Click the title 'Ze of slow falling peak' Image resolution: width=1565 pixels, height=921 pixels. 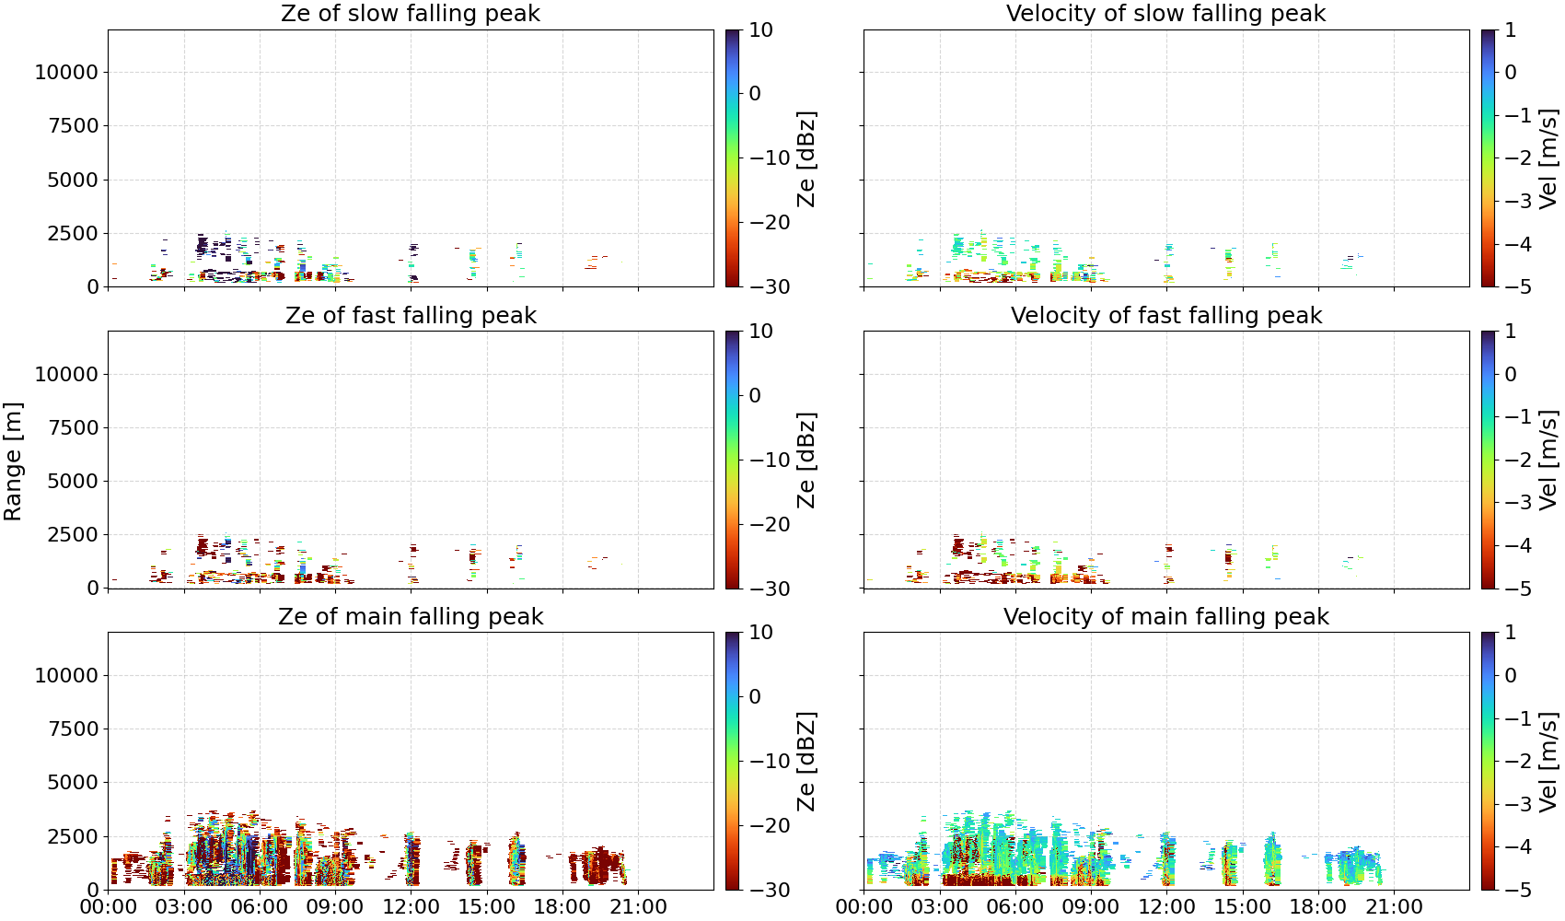coord(410,13)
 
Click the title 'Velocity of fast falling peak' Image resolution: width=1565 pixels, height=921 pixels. coord(1166,315)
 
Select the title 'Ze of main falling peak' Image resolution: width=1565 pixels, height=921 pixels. coord(410,616)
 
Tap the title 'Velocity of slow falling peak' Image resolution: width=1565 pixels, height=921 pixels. coord(1166,13)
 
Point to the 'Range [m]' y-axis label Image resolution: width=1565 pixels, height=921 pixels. coord(13,461)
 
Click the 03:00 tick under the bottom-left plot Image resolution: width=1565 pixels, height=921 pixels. coord(184,907)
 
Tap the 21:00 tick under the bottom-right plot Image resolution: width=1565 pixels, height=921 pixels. coord(1394,907)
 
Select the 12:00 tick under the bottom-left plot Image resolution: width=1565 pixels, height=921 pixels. coord(411,907)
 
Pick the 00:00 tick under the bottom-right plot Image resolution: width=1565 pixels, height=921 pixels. coord(864,907)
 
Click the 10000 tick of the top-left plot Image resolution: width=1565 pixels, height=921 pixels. coord(66,72)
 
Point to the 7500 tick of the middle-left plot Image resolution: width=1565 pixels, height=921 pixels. coord(73,427)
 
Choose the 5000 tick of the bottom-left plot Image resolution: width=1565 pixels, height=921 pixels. coord(73,783)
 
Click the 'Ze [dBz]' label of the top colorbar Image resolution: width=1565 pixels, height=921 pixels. coord(806,158)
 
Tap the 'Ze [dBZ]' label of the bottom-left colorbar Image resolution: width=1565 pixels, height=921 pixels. coord(806,762)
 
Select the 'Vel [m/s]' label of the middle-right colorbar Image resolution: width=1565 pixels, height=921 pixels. coord(1549,460)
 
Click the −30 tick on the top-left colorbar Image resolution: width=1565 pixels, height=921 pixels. coord(770,287)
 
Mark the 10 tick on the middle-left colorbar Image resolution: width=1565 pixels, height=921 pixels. coord(760,332)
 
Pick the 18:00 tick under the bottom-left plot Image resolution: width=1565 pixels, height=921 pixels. coord(562,907)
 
